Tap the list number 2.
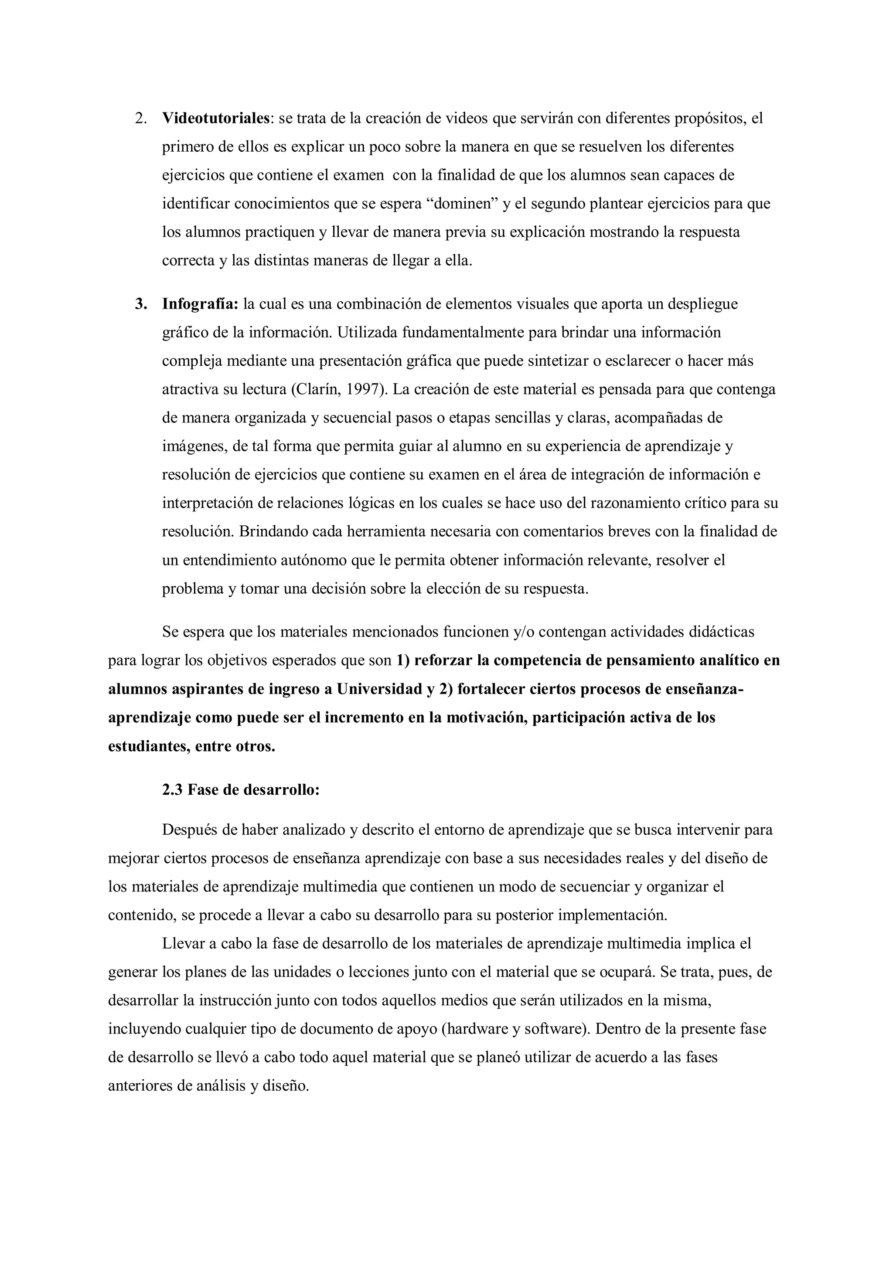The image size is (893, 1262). click(141, 119)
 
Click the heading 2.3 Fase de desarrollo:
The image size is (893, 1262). click(241, 790)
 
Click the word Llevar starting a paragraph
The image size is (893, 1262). click(183, 944)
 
